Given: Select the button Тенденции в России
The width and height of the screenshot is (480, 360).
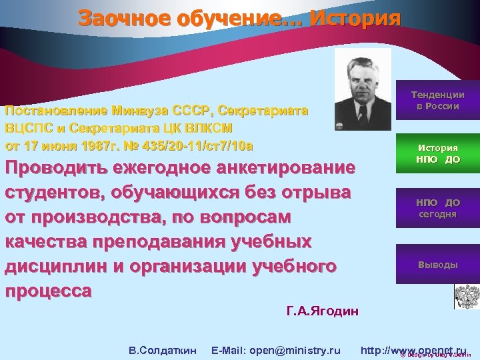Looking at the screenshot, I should point(437,101).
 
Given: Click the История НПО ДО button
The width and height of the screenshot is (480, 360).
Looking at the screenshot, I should point(437,154).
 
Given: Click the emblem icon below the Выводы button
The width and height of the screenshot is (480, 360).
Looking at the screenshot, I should point(466,296).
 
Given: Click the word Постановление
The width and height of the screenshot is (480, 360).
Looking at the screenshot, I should point(56,111).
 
